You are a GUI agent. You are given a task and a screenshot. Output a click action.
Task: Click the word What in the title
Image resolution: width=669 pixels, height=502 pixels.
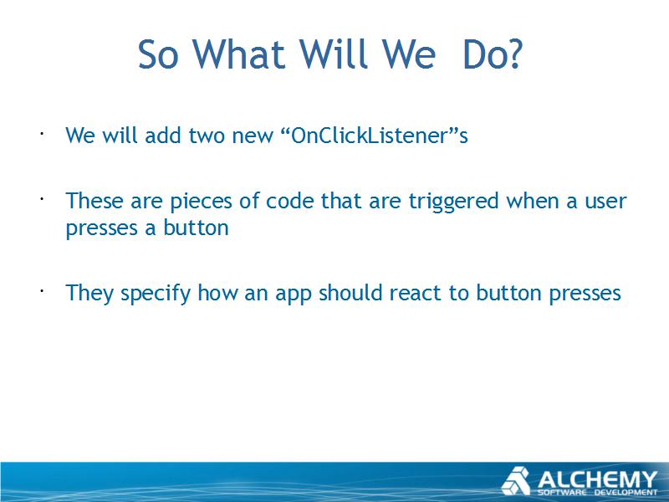[238, 54]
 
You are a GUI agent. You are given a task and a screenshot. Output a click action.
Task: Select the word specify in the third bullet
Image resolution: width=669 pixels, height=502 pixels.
[156, 294]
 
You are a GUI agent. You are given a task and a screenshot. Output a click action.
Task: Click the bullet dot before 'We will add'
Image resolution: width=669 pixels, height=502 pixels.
[42, 133]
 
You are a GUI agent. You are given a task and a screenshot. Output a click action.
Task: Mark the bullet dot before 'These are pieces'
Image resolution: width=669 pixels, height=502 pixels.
[42, 199]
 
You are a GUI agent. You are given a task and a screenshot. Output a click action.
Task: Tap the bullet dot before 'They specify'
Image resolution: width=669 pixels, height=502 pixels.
[42, 291]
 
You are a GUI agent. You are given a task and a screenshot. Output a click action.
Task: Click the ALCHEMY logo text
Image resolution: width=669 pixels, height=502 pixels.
[598, 479]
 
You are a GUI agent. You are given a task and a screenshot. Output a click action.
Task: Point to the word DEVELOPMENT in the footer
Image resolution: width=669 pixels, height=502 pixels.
[626, 492]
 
